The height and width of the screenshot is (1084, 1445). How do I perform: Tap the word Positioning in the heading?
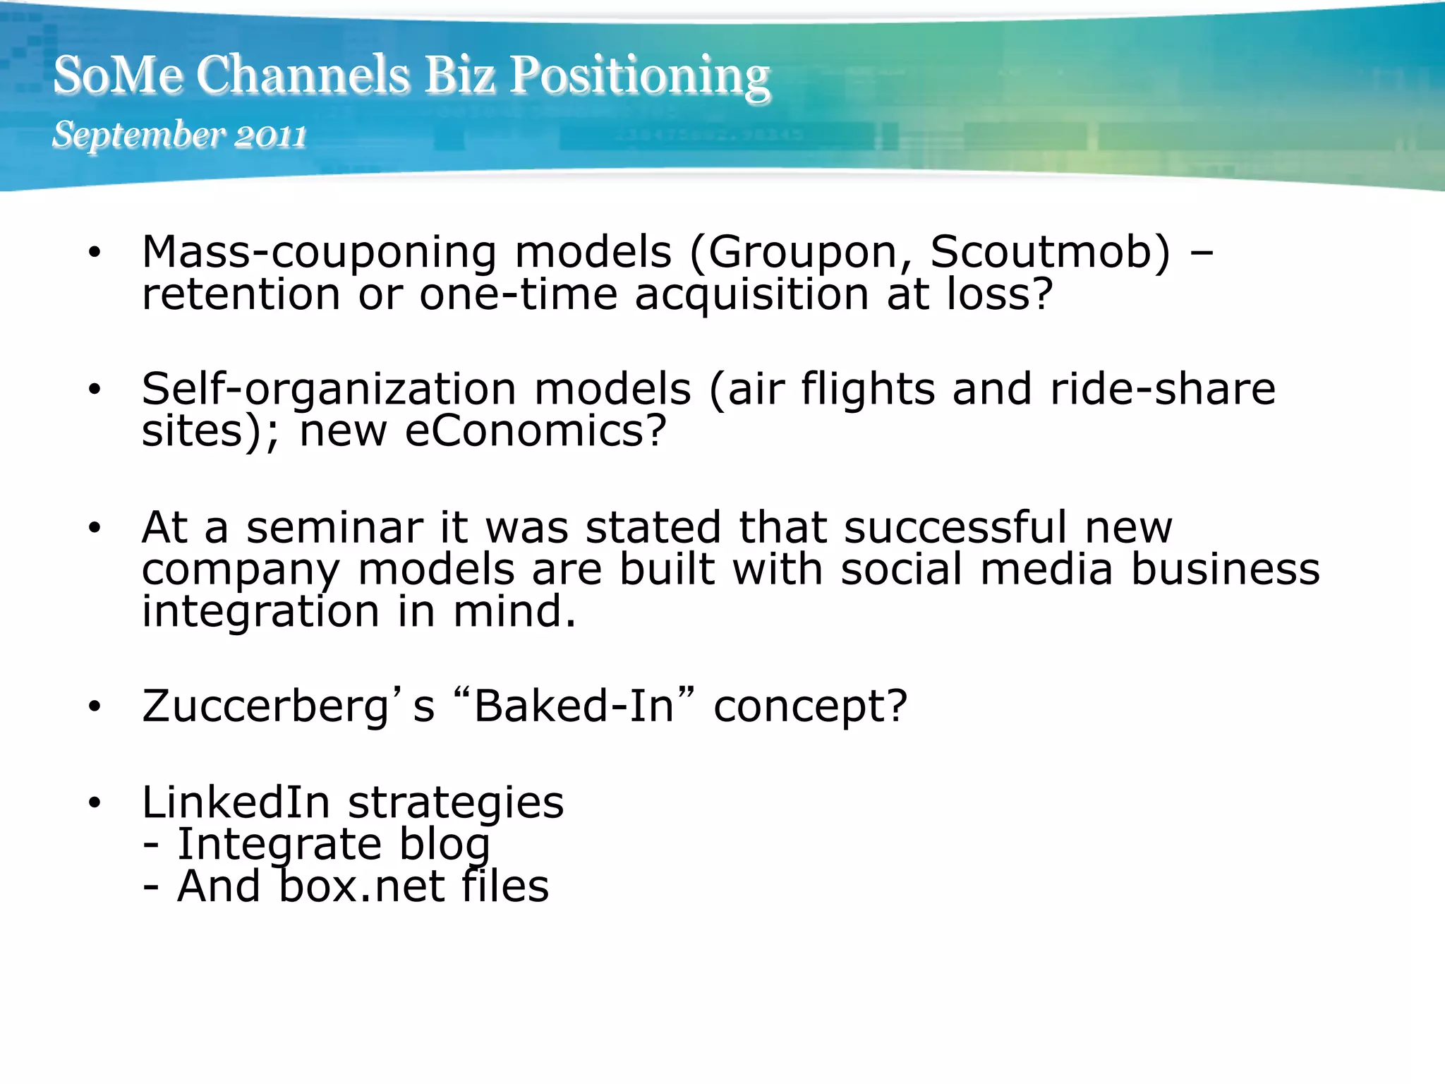pyautogui.click(x=639, y=77)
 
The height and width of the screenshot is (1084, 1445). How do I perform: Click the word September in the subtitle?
pyautogui.click(x=138, y=135)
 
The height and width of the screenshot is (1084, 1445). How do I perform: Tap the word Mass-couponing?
pyautogui.click(x=319, y=253)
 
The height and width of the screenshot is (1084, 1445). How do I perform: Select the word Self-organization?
pyautogui.click(x=329, y=390)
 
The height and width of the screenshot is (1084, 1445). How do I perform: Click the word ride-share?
pyautogui.click(x=1163, y=390)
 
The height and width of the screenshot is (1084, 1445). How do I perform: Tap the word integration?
pyautogui.click(x=261, y=611)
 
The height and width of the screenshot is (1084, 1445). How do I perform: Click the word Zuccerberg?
pyautogui.click(x=266, y=706)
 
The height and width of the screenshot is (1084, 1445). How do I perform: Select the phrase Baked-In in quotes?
pyautogui.click(x=574, y=706)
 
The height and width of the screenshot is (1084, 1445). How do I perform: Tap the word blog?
pyautogui.click(x=445, y=845)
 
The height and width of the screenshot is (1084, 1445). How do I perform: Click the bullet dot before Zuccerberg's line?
pyautogui.click(x=95, y=706)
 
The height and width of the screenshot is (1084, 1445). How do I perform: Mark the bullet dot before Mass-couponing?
pyautogui.click(x=95, y=253)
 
